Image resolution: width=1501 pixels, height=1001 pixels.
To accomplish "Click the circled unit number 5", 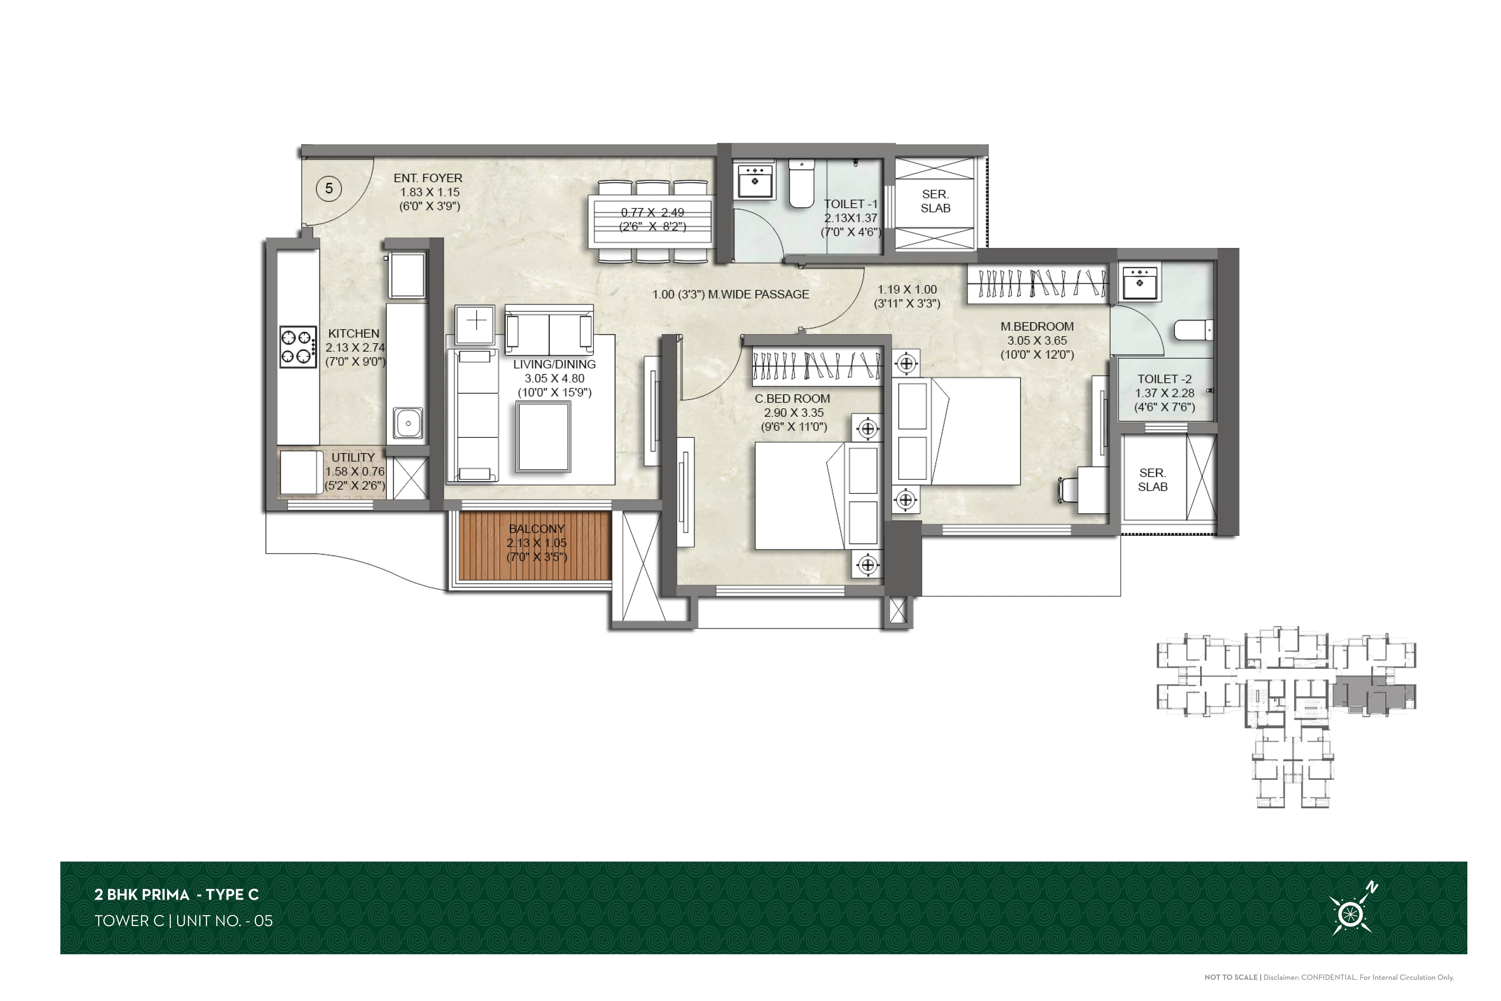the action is coord(329,188).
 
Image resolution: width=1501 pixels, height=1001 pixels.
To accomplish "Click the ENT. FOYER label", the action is coord(428,178).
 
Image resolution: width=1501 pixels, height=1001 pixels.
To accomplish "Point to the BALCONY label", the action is coord(537,529).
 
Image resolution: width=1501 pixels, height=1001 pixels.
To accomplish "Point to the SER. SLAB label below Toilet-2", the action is coord(1153,479).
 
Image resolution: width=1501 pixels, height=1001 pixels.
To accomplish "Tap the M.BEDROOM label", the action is coord(1037,326).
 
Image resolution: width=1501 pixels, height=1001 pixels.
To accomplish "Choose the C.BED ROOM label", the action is coord(793,398).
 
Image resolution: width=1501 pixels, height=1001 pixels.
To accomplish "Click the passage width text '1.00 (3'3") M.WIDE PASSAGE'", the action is coord(731,294).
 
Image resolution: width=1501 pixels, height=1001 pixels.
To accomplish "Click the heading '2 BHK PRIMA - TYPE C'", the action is coord(177,895).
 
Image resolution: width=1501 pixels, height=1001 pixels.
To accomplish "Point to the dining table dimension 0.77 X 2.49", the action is coord(652,213).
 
